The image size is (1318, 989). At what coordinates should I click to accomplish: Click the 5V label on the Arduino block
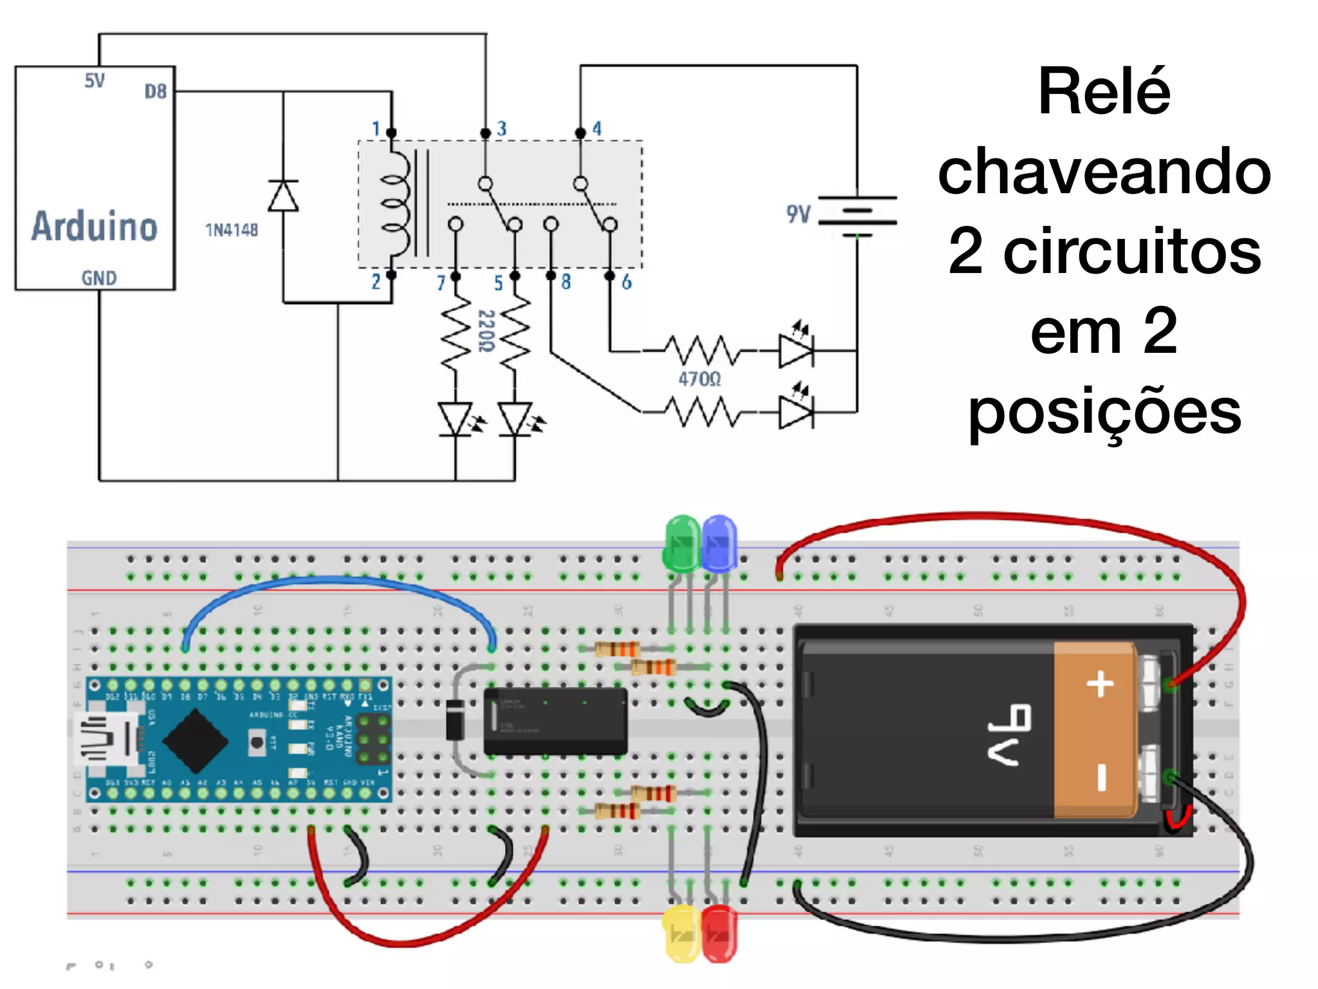point(95,81)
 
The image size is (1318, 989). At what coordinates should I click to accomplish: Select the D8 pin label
point(155,91)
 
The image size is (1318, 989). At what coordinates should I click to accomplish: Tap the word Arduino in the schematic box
point(95,226)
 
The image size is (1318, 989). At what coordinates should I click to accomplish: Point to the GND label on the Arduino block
point(98,278)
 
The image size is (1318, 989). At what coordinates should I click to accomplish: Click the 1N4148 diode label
point(231,231)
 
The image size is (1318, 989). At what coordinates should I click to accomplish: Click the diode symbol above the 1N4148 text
point(283,196)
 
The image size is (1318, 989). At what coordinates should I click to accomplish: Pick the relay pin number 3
point(501,129)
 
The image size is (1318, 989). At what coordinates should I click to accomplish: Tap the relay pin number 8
point(566,282)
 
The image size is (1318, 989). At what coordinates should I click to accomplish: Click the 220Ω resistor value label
point(486,331)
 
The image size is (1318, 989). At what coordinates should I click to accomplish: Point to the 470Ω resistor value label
point(699,379)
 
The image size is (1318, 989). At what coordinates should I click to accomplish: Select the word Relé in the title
point(1104,92)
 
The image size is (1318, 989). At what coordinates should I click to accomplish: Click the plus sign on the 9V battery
point(1100,684)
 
